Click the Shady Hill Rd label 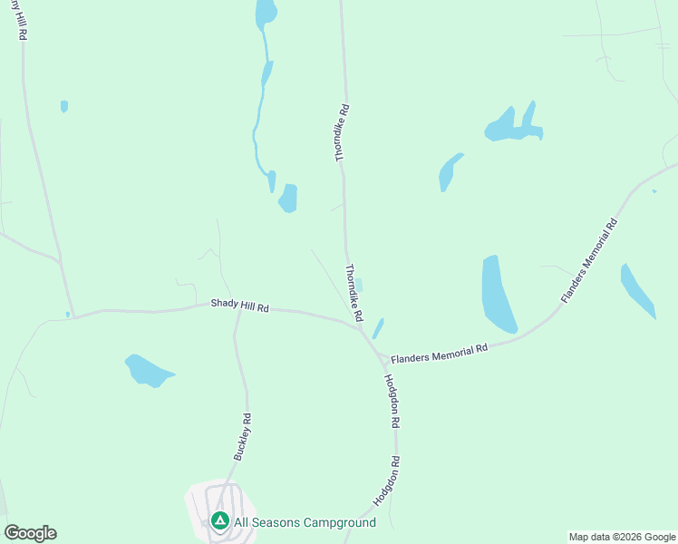pos(240,306)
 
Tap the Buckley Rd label pos(242,437)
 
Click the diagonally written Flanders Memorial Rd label pos(588,260)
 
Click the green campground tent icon pos(219,521)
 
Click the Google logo pos(30,533)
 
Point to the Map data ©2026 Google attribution pos(623,537)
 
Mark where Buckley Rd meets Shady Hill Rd pos(237,309)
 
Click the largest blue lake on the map pos(497,294)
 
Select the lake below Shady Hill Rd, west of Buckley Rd pos(147,370)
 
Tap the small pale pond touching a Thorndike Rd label pos(359,285)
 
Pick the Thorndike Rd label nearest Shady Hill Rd pos(354,293)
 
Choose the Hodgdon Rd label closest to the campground pos(386,481)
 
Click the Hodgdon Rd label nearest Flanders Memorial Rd pos(392,401)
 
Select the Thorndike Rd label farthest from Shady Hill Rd pos(342,132)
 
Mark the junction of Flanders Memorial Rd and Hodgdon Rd pos(379,356)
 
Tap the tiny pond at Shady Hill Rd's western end pos(67,315)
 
